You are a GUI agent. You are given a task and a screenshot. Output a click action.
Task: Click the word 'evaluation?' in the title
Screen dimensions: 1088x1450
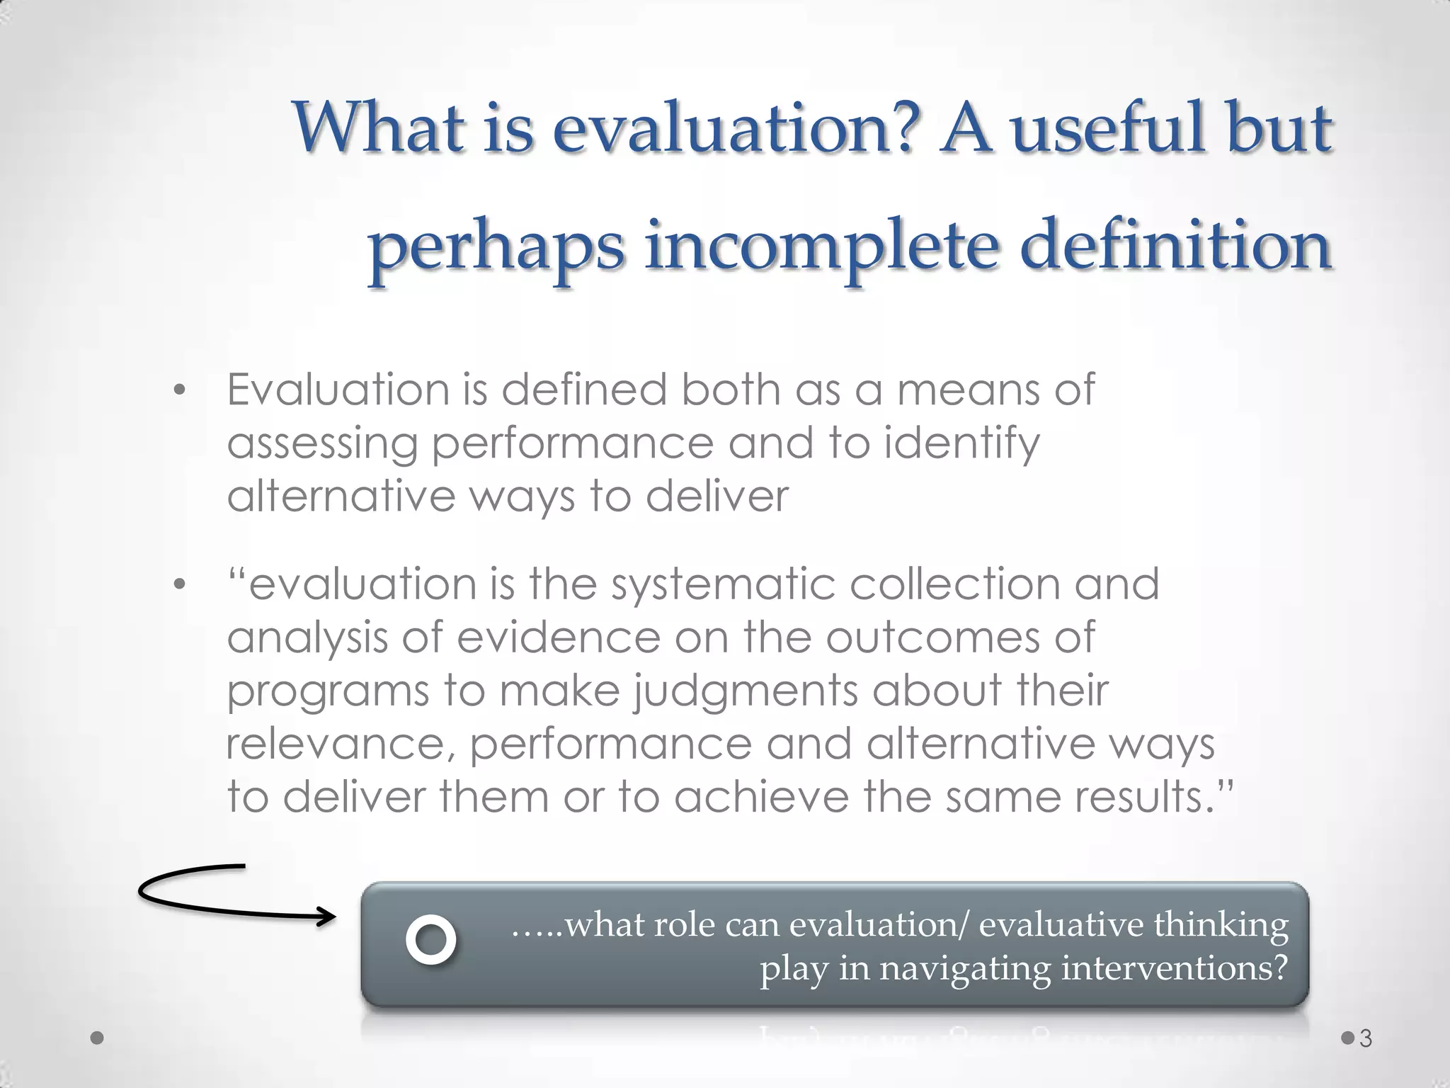[x=736, y=129]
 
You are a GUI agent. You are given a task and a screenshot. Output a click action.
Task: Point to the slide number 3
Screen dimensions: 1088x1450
[x=1366, y=1039]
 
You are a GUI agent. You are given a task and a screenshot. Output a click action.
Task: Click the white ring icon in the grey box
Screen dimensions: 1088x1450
[x=430, y=940]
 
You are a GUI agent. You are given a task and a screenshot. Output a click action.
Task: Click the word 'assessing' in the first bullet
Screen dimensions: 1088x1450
[x=322, y=444]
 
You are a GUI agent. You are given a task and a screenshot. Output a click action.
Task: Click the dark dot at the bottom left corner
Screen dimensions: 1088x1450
[x=98, y=1038]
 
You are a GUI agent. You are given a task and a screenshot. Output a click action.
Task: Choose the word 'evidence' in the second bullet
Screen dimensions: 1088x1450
[x=558, y=637]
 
